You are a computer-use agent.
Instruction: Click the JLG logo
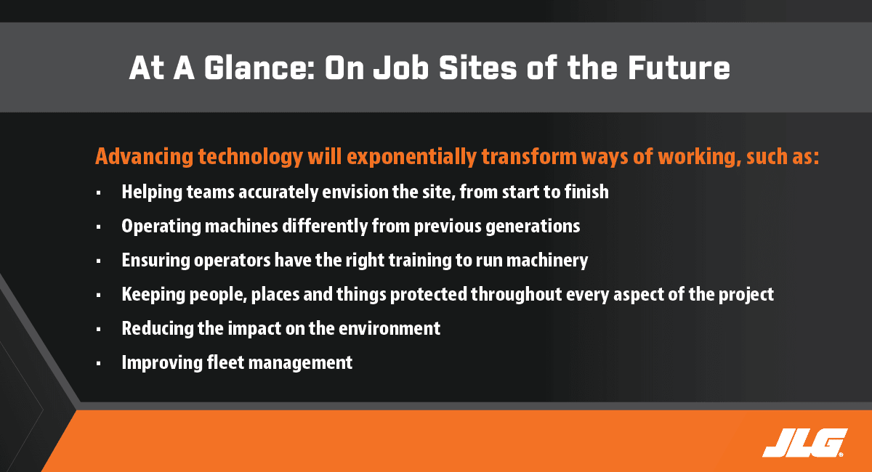[x=804, y=443]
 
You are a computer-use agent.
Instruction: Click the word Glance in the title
[x=259, y=68]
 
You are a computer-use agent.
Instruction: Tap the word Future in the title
[x=679, y=68]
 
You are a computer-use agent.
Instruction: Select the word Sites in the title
[x=477, y=68]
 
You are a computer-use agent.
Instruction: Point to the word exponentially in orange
[x=411, y=157]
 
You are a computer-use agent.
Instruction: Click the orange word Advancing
[x=144, y=156]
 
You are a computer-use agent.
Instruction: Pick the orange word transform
[x=529, y=156]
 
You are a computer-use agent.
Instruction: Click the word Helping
[x=152, y=192]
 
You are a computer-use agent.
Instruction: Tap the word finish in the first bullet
[x=586, y=192]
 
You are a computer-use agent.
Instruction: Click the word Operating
[x=161, y=227]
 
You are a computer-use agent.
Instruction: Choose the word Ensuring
[x=156, y=260]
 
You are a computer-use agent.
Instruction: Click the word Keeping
[x=153, y=295]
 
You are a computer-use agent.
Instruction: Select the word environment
[x=389, y=328]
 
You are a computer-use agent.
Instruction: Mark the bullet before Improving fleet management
[x=99, y=363]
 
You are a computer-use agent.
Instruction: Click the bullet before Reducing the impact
[x=99, y=330]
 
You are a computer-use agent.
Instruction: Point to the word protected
[x=428, y=295]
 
